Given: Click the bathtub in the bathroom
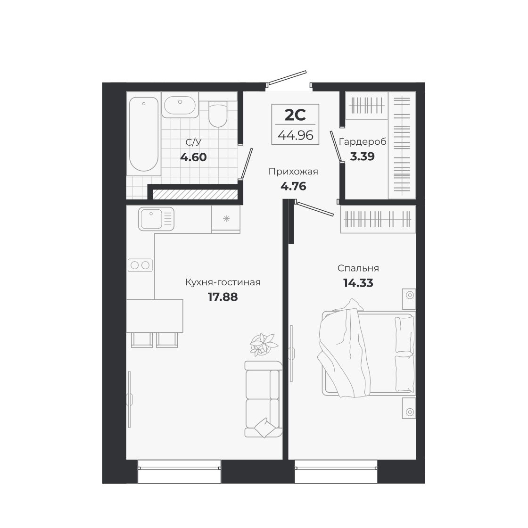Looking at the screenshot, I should point(144,134).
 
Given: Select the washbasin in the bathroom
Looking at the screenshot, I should point(180,105).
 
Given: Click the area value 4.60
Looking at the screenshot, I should point(193,157).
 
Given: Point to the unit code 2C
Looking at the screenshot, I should point(296,115).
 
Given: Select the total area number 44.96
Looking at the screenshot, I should point(296,135).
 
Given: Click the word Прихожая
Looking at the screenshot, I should point(293,172).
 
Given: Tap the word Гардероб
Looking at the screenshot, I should point(363,141).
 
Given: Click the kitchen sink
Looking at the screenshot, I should point(156,219).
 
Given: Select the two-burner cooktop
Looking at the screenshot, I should point(140,265).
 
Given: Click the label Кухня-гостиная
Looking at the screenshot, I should point(223,282).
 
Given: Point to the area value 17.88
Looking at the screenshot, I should point(223,297).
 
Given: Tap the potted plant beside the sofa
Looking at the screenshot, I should point(261,344).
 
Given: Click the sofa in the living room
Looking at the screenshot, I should point(262,399).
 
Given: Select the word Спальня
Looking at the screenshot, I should point(358,268).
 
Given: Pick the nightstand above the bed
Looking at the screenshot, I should point(409,296).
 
